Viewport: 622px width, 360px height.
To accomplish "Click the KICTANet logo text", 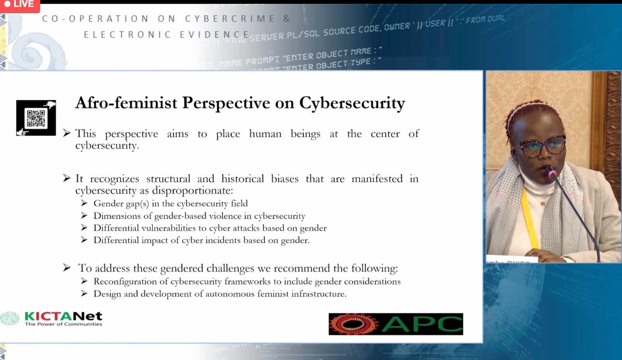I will point(63,316).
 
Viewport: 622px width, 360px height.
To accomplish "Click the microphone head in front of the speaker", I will point(550,173).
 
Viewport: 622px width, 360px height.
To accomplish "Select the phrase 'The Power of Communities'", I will point(63,324).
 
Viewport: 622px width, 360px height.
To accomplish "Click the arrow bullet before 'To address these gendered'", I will point(66,268).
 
